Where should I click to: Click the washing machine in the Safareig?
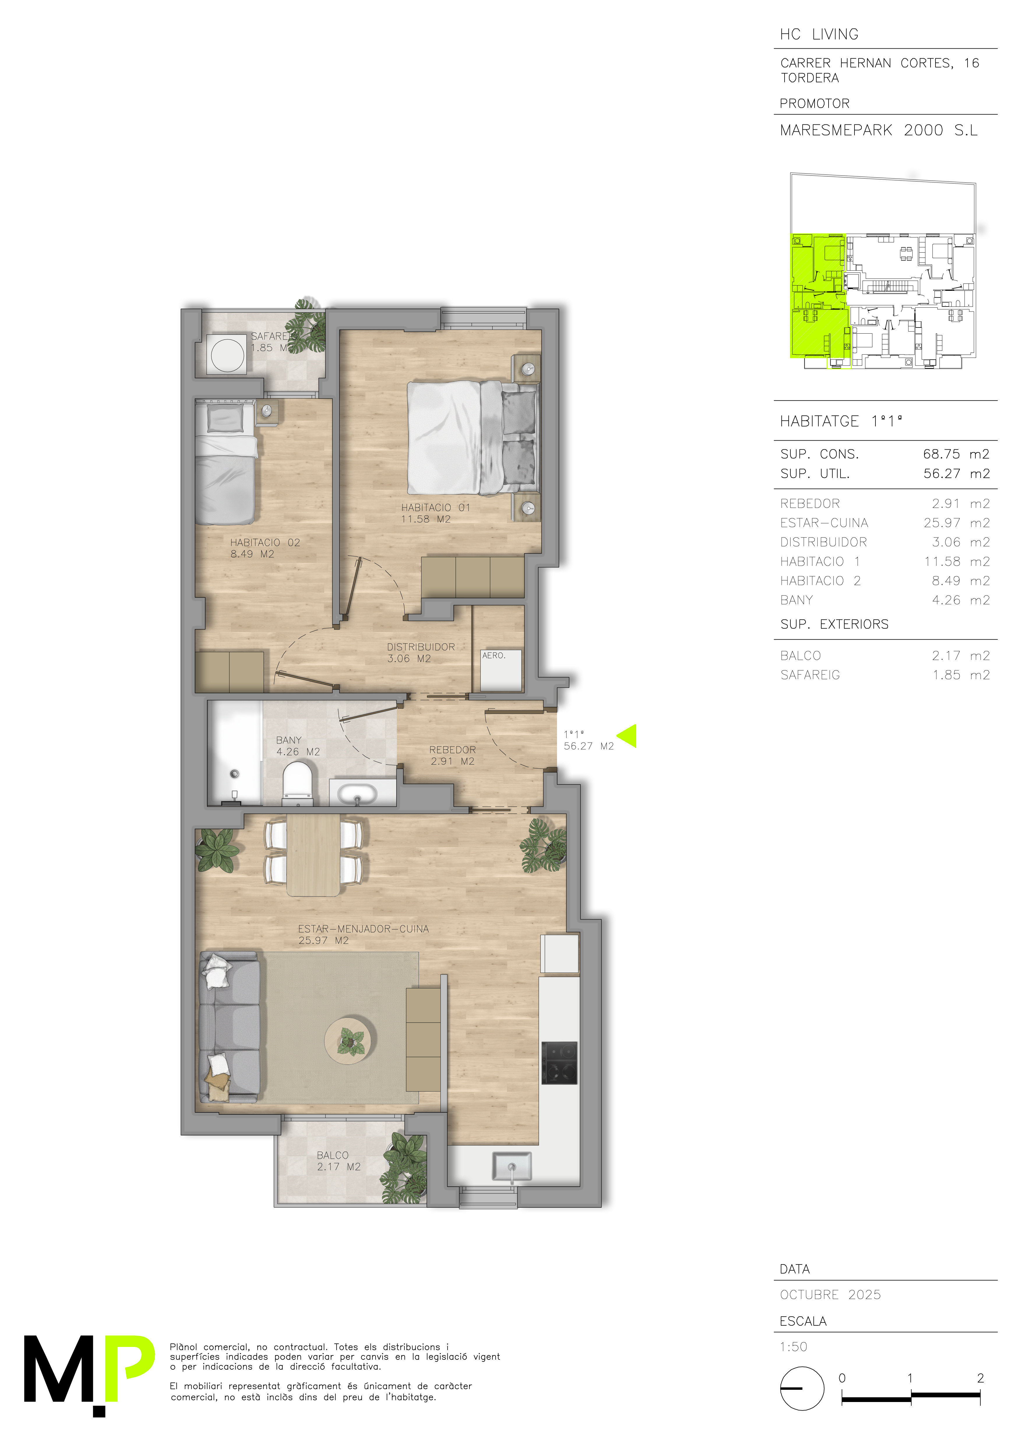[x=227, y=355]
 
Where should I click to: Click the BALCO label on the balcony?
[x=332, y=1155]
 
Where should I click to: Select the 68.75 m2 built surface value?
[x=956, y=454]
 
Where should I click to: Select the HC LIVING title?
[x=819, y=34]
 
